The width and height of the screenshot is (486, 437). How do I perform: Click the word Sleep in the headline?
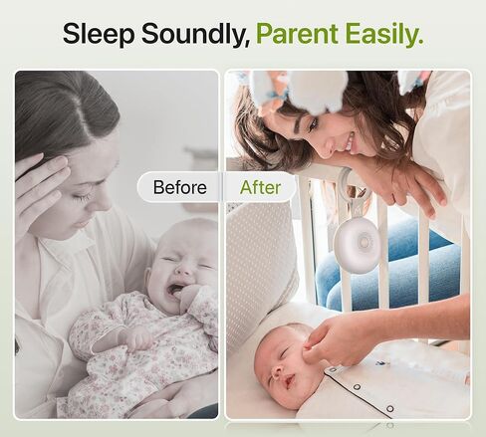[99, 34]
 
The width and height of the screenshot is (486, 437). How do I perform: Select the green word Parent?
[297, 33]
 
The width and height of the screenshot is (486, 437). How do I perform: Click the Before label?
[179, 187]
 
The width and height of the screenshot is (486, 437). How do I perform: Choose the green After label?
[260, 187]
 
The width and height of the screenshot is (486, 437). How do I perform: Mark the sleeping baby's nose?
[276, 372]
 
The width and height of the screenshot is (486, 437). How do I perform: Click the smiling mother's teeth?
[349, 140]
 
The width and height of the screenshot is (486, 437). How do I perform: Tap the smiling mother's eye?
[313, 125]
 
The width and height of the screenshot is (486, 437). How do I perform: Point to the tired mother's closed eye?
[83, 198]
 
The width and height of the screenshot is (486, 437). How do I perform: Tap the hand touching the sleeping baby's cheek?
[331, 341]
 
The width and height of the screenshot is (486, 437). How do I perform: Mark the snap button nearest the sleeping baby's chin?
[332, 369]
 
